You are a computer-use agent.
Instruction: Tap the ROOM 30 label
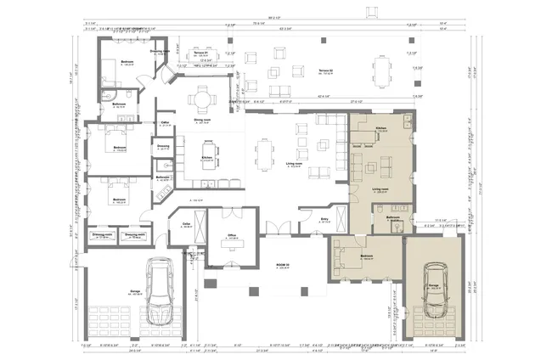click(283, 266)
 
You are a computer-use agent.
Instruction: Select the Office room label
click(231, 236)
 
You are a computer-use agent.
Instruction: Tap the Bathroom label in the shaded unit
click(392, 217)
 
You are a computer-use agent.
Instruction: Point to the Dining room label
click(202, 120)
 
